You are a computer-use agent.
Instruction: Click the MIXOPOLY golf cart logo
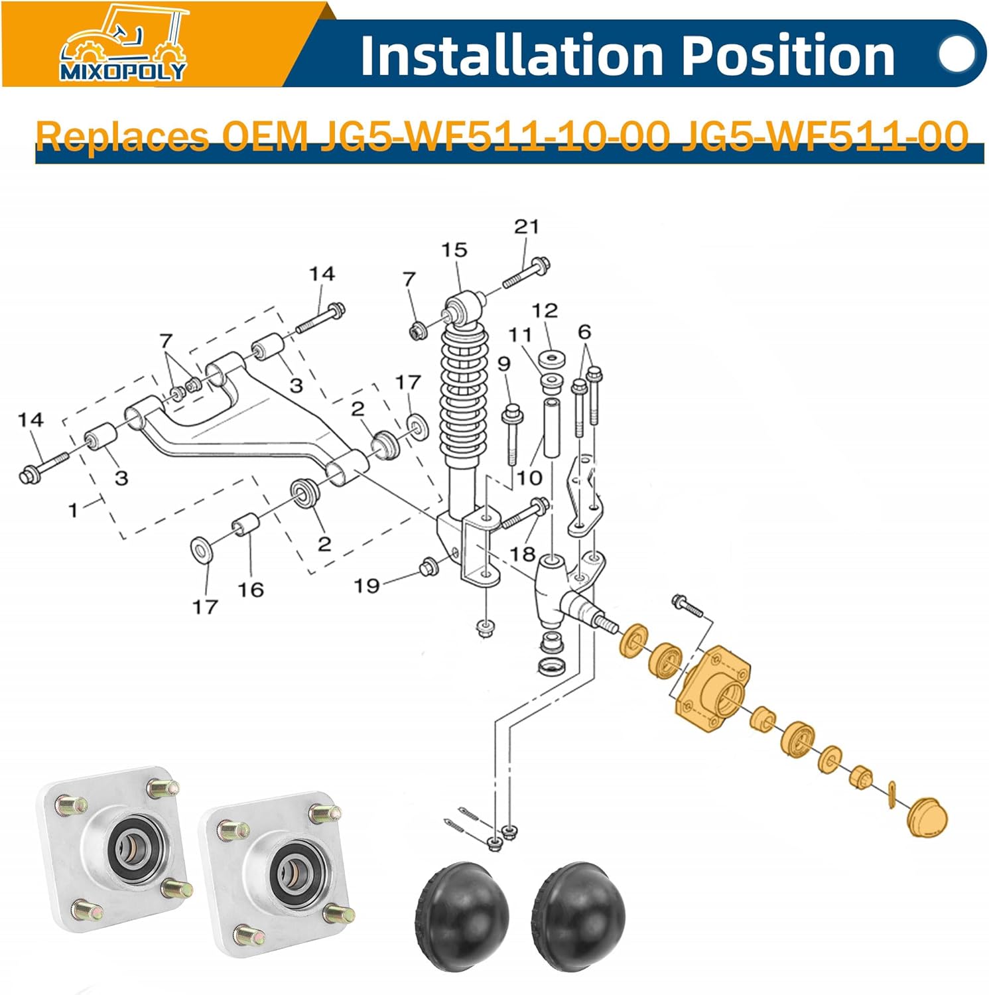123,44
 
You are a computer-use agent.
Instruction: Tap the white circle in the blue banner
958,54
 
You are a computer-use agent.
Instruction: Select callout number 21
527,226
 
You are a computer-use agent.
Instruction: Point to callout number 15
454,250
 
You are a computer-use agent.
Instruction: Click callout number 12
545,310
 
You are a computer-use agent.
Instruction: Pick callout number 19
367,586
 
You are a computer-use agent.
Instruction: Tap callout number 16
251,590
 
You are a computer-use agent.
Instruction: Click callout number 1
73,510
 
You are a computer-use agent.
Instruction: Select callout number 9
504,364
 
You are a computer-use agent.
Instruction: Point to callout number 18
523,553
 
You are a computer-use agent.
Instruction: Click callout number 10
529,478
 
